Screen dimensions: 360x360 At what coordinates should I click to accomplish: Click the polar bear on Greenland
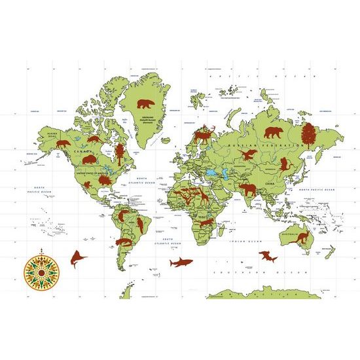(145, 104)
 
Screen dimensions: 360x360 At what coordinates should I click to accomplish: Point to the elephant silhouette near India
(249, 190)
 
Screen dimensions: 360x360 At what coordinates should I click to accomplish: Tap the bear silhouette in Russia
(248, 154)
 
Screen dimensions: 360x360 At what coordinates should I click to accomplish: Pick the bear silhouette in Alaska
(63, 143)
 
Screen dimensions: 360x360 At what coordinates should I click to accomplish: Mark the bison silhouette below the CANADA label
(90, 159)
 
